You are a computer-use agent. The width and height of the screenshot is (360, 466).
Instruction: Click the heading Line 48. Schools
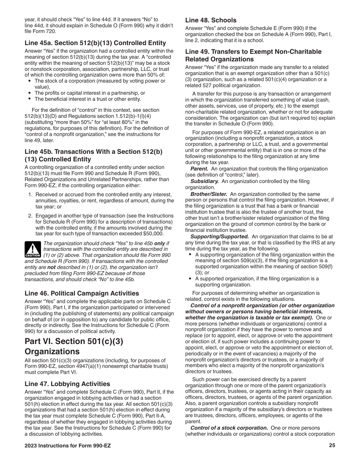coord(211,20)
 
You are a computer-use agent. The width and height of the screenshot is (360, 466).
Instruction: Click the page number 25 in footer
coord(332,446)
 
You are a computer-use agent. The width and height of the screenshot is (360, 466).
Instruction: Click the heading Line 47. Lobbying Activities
coord(67,384)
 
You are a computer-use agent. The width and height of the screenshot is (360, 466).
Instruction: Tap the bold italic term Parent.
coord(199,169)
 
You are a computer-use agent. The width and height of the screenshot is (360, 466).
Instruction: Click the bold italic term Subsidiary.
coord(202,181)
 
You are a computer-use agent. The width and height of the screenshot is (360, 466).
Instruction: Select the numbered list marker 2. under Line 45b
coord(30,216)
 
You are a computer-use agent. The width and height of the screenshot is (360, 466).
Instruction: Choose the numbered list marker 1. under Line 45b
coord(30,195)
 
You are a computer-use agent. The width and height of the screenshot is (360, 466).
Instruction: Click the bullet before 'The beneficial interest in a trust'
coord(30,99)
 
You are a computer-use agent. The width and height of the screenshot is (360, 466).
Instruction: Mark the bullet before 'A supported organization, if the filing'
coord(190,278)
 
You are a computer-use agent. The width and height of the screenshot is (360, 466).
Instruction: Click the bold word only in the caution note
coord(160,243)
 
